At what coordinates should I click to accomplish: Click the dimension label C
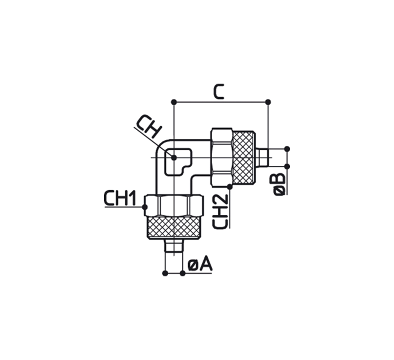coord(219,92)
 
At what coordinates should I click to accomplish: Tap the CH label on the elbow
coord(149,127)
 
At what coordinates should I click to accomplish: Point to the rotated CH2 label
coord(220,212)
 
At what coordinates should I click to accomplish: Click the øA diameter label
coord(200,264)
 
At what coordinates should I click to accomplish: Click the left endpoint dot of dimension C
coord(174,102)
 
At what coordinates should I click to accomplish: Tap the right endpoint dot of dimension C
coord(268,102)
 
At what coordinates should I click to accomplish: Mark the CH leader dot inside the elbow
coord(174,157)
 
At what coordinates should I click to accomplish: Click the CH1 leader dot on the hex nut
coord(145,207)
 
